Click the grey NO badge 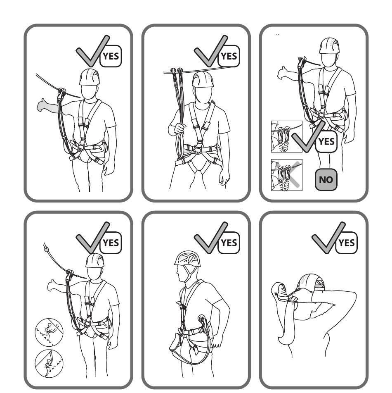click(x=326, y=179)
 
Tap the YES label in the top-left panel click(x=111, y=56)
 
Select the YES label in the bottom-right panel click(x=347, y=243)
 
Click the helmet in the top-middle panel click(x=203, y=79)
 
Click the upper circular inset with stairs click(x=49, y=332)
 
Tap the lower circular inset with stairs click(x=49, y=363)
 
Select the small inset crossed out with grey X click(x=287, y=175)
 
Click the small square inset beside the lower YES click(x=287, y=137)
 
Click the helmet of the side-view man click(x=187, y=259)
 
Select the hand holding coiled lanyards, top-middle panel click(x=177, y=129)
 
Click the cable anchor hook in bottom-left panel click(x=46, y=248)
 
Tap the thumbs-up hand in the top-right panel click(x=283, y=73)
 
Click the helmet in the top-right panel click(x=329, y=45)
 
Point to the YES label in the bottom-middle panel click(x=229, y=243)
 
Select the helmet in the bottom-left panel click(x=94, y=261)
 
